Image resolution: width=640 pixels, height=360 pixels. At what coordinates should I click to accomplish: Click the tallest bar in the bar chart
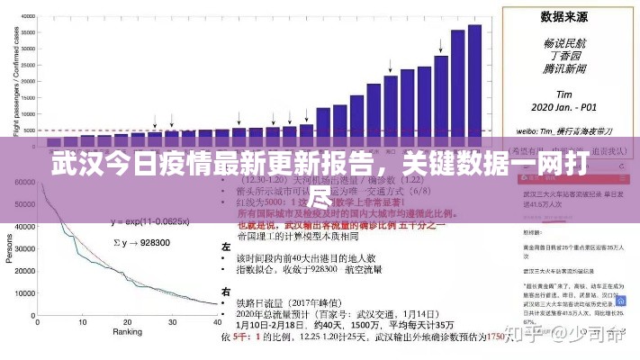[474, 81]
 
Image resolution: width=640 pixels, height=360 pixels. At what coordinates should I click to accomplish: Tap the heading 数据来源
[564, 16]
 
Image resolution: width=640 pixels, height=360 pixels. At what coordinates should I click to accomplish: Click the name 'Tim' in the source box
[564, 93]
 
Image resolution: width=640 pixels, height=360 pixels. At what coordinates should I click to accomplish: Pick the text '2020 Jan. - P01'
[564, 105]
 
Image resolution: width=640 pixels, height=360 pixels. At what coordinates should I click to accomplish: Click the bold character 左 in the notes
[226, 245]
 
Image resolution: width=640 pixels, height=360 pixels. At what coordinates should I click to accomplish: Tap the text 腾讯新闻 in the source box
[564, 67]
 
